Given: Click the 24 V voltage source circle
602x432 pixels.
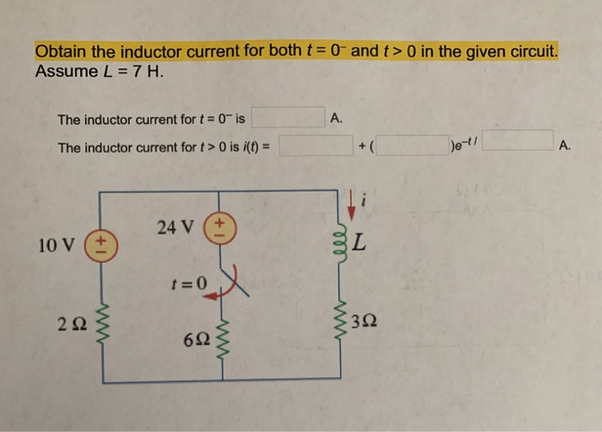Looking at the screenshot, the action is (x=220, y=228).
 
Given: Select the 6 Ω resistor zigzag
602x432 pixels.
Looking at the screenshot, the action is (x=221, y=340).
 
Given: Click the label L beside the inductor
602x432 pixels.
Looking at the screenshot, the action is (x=362, y=244).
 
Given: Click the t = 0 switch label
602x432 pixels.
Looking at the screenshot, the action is (x=190, y=282).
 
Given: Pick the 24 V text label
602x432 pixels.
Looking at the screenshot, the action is (x=177, y=227).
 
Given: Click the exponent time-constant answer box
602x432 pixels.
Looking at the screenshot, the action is (x=517, y=139).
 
